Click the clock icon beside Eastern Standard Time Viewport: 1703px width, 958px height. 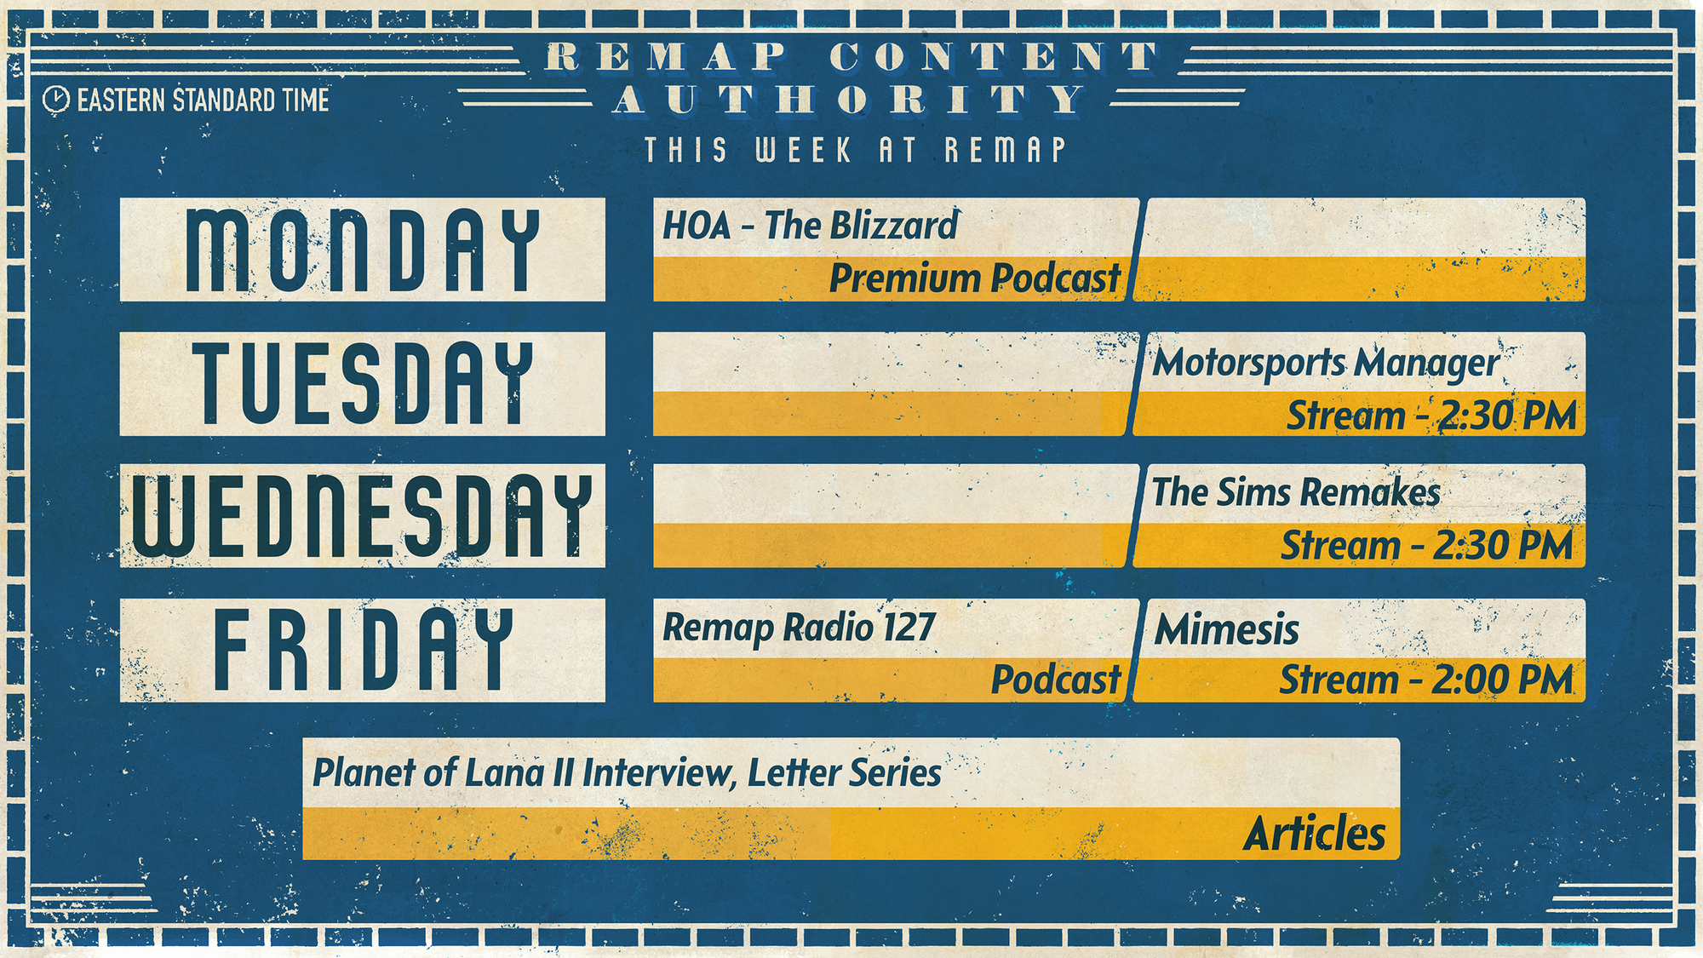[x=55, y=100]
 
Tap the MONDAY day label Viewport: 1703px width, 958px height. [x=363, y=250]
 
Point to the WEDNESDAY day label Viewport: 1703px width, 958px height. [x=363, y=516]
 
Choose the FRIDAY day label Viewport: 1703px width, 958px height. [x=363, y=649]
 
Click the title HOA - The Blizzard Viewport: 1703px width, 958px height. [x=811, y=226]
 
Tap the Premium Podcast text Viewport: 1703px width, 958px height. [x=975, y=278]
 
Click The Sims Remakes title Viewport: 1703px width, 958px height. [x=1296, y=492]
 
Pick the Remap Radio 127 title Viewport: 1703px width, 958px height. [x=799, y=628]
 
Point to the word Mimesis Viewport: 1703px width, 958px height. [x=1227, y=630]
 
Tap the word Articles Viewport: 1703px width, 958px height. [x=1315, y=834]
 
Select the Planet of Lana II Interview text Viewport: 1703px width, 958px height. [x=523, y=773]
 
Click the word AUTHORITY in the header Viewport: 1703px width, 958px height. [x=849, y=100]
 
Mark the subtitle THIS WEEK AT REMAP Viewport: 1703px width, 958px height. [x=855, y=150]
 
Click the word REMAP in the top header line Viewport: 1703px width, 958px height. [x=666, y=57]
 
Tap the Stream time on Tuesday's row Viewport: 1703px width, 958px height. [x=1431, y=416]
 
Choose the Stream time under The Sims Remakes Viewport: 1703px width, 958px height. [x=1427, y=546]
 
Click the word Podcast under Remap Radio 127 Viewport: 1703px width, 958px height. [x=1056, y=680]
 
